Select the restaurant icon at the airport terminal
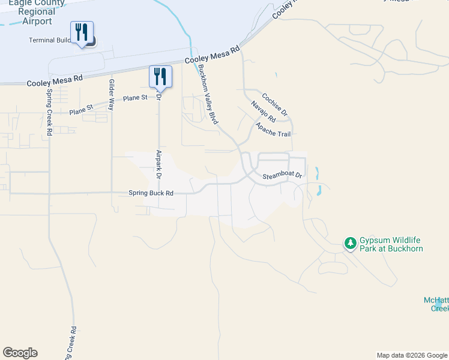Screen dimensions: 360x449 coord(82,32)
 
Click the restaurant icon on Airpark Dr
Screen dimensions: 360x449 coord(160,76)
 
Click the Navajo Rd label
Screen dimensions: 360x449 coord(263,111)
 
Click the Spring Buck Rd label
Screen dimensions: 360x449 coord(151,193)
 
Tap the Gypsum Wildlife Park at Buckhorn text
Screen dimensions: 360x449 coord(391,244)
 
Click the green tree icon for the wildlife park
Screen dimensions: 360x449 coord(350,243)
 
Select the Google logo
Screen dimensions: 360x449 coord(20,353)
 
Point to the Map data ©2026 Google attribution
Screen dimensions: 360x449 coord(411,355)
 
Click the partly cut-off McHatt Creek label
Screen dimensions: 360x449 coord(436,304)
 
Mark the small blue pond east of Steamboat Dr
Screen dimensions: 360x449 coord(319,191)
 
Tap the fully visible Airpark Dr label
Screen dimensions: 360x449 coord(159,164)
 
